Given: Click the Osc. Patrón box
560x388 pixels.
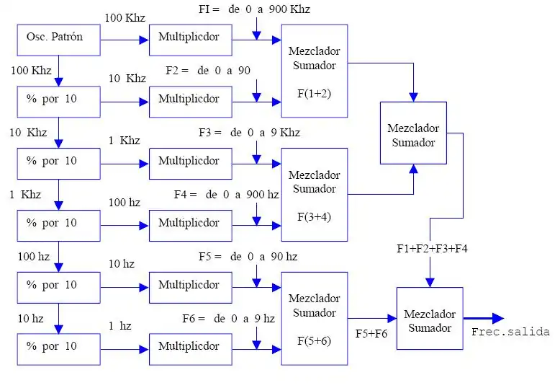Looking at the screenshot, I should click(58, 40).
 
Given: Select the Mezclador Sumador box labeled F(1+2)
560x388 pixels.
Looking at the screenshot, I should click(314, 71).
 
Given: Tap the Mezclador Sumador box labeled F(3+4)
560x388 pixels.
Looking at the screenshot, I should click(314, 195).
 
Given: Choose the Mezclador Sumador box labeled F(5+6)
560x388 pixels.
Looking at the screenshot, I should click(314, 318).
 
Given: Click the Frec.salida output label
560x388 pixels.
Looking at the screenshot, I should click(510, 332).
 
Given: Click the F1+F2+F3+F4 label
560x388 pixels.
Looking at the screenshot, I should click(433, 248).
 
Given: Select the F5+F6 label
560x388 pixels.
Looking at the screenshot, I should click(371, 334).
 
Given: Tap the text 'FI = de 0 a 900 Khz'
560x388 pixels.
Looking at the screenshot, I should click(254, 9).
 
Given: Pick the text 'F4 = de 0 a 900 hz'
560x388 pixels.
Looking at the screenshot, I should click(226, 194).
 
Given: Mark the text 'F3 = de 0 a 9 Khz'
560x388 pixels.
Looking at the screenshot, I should click(249, 133).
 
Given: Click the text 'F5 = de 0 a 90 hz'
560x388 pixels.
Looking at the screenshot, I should click(248, 256).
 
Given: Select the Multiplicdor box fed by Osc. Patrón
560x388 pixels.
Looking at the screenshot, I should click(190, 40).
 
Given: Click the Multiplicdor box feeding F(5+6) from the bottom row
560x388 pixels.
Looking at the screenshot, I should click(190, 348).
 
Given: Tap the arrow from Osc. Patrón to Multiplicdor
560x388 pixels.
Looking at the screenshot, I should click(124, 40).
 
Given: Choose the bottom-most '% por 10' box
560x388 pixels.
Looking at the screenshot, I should click(58, 348).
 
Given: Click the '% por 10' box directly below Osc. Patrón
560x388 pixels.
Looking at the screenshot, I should click(58, 102).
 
